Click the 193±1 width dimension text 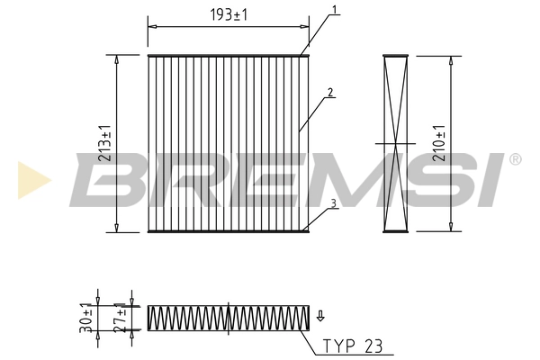tap(228, 15)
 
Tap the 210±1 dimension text tap(438, 143)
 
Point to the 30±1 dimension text tap(86, 319)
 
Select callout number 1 tap(334, 11)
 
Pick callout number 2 tap(331, 92)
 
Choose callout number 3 tap(333, 203)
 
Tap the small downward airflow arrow tap(320, 315)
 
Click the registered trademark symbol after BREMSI tap(515, 159)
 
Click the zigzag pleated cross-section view tap(228, 319)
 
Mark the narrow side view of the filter tap(395, 143)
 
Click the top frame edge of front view tap(228, 56)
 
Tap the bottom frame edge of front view tap(228, 230)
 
